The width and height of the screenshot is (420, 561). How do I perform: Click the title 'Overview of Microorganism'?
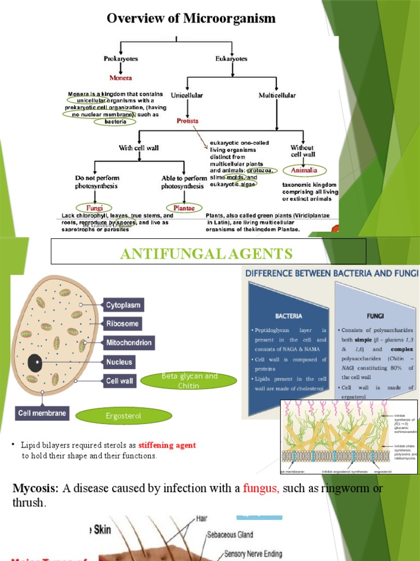[x=191, y=19]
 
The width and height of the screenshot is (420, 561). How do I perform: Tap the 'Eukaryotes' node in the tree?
[x=232, y=59]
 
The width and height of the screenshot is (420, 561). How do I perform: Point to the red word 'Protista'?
[x=187, y=121]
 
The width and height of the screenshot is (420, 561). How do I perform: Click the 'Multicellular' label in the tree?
[x=277, y=95]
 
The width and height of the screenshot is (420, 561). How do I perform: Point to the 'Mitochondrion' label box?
[x=129, y=343]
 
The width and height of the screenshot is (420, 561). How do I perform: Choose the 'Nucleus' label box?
[x=120, y=362]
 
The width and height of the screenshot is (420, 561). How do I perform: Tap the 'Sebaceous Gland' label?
[x=230, y=534]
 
